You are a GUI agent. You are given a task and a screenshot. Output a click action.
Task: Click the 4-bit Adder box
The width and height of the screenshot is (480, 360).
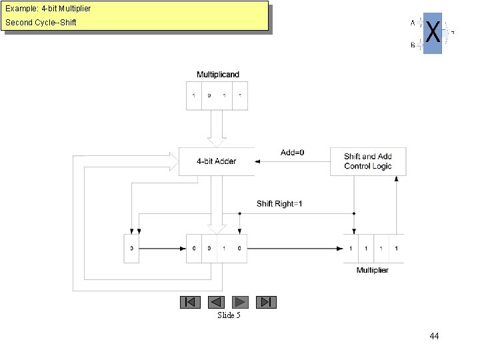point(216,161)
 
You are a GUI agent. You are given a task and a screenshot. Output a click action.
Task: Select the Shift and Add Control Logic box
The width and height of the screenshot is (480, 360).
point(368,161)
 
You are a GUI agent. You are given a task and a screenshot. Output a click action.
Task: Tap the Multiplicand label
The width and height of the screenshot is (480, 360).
point(217,75)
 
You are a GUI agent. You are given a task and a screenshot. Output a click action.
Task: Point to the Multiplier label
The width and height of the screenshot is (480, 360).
point(373,270)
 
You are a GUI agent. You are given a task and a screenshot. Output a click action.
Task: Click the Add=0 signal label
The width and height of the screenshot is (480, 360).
point(293,153)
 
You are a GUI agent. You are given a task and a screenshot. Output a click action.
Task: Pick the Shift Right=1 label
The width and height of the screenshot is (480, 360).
point(279,203)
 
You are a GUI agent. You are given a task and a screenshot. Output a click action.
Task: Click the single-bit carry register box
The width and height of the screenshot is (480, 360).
point(132,249)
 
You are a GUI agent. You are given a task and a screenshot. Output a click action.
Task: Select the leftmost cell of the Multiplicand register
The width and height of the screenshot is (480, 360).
point(194,95)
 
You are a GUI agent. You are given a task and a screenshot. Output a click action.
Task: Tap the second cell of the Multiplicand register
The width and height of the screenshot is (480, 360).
point(209,95)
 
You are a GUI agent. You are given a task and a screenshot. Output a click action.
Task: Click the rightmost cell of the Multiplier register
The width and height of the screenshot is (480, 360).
point(397,249)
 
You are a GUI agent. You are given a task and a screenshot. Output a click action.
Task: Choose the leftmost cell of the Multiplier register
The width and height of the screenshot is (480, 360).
point(351,249)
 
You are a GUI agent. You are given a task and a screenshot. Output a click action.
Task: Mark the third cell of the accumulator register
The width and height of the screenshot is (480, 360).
point(224,249)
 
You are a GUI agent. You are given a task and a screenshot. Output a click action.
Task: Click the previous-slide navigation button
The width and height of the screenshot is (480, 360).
point(215,302)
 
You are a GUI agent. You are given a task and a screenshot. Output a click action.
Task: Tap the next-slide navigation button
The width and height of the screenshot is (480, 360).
point(241,302)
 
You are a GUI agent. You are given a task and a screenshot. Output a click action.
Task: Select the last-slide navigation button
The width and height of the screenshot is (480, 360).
point(266,302)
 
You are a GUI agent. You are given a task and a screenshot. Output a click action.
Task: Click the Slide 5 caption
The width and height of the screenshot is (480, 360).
point(229,315)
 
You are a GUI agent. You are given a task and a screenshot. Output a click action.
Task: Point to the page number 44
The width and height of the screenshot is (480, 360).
point(434,336)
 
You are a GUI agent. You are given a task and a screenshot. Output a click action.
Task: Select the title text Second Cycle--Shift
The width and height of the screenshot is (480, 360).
point(41,23)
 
